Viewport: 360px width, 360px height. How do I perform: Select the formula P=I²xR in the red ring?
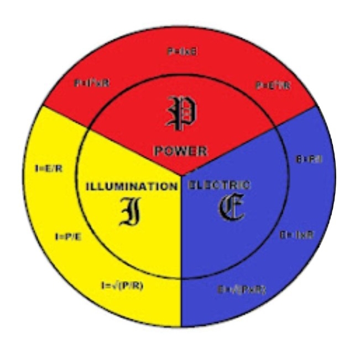(x=92, y=83)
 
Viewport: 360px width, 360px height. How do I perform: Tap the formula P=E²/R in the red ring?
(x=273, y=85)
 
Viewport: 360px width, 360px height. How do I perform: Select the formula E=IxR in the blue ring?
(x=296, y=234)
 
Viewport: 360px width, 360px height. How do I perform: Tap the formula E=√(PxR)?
(x=241, y=289)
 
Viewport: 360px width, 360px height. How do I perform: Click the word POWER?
(x=180, y=151)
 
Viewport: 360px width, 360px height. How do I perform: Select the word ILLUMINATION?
(x=132, y=186)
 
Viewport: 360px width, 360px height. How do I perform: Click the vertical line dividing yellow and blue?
(x=182, y=260)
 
